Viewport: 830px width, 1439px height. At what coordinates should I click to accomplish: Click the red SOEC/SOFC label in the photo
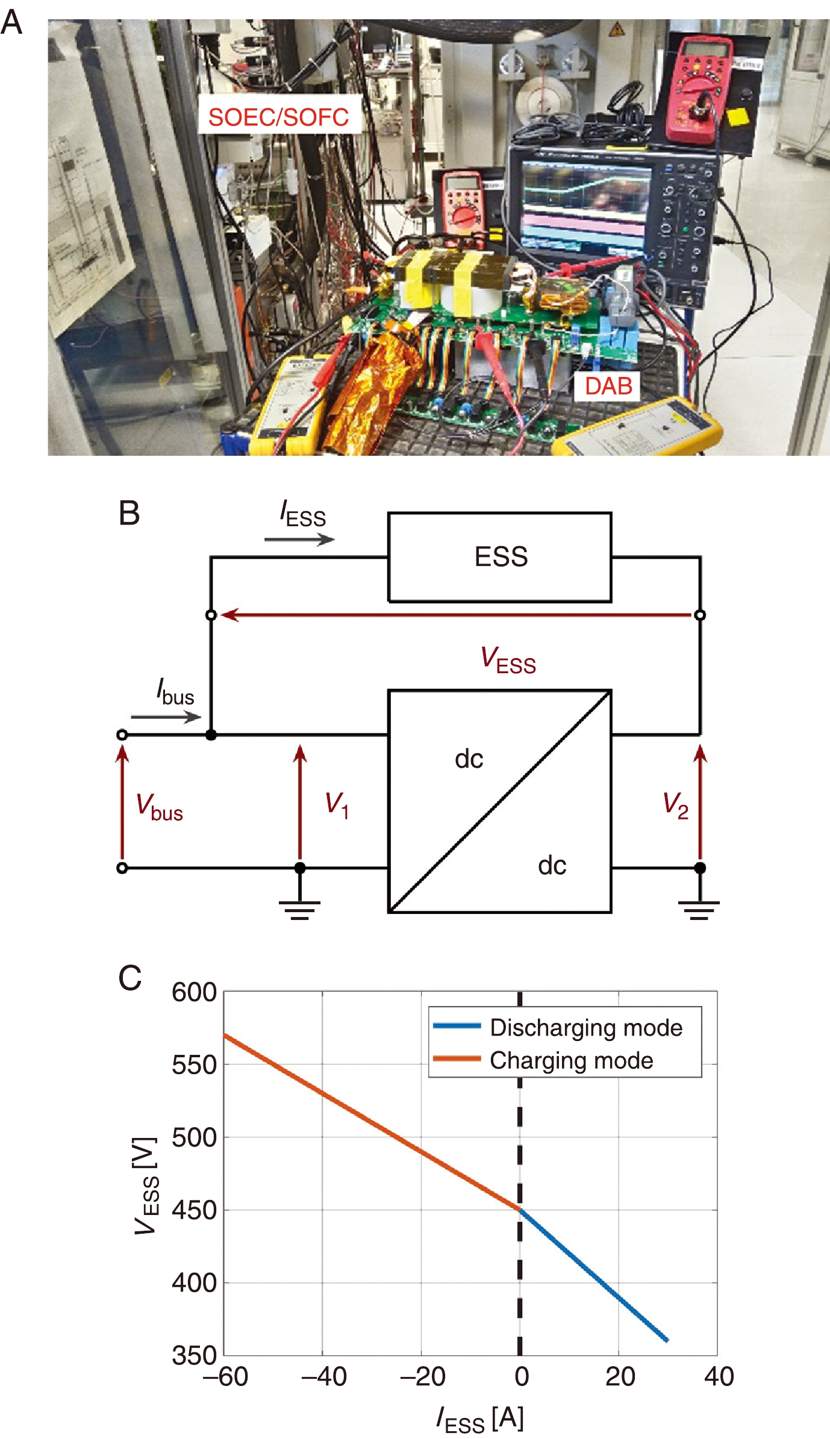coord(279,117)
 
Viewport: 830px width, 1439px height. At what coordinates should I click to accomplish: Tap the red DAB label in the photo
coord(608,386)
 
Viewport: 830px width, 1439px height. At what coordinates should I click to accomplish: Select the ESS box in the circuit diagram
coord(500,557)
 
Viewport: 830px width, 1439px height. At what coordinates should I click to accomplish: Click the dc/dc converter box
coord(500,801)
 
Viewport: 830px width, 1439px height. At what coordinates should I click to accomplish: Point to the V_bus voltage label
coord(159,806)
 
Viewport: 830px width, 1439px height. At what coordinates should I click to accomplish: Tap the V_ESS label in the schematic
coord(508,659)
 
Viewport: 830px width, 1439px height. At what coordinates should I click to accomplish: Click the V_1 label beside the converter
coord(337,805)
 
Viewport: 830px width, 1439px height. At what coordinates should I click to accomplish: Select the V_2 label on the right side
coord(675,805)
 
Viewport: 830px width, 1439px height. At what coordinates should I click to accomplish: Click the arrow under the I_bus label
coord(166,716)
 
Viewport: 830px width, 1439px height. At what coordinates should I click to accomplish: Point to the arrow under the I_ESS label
coord(299,539)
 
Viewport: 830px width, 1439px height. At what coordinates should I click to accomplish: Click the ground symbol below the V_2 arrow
coord(699,909)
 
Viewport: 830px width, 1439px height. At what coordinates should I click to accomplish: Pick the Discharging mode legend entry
coord(585,1028)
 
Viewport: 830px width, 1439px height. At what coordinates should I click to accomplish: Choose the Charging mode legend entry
coord(571,1060)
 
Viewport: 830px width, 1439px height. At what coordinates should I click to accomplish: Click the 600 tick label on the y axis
coord(194,992)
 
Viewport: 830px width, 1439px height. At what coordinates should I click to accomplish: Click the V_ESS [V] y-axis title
coord(146,1186)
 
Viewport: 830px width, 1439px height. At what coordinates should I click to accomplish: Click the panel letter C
coord(130,978)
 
